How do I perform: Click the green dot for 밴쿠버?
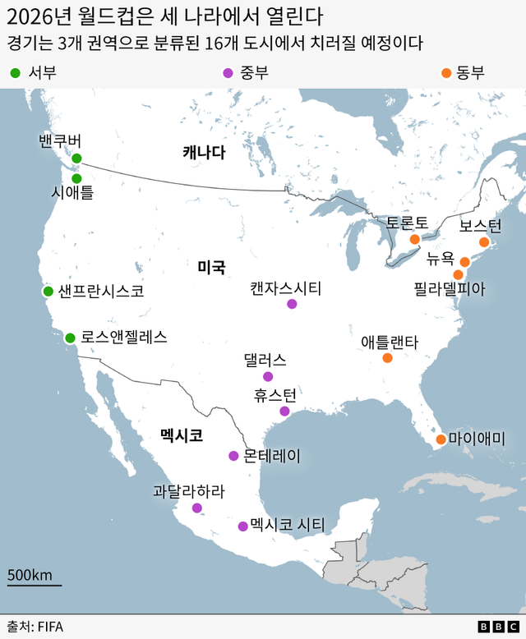76,159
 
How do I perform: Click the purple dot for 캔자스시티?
292,304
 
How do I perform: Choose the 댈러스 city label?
265,360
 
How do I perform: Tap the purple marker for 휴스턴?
284,411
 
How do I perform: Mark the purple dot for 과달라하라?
197,508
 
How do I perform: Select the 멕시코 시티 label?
288,525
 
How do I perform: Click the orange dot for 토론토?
415,239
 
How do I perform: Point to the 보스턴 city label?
480,225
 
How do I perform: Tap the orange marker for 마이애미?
441,439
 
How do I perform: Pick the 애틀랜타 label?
390,342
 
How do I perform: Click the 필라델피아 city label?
450,288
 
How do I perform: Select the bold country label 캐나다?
204,153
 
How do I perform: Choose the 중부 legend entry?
246,73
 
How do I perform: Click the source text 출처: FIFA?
35,626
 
